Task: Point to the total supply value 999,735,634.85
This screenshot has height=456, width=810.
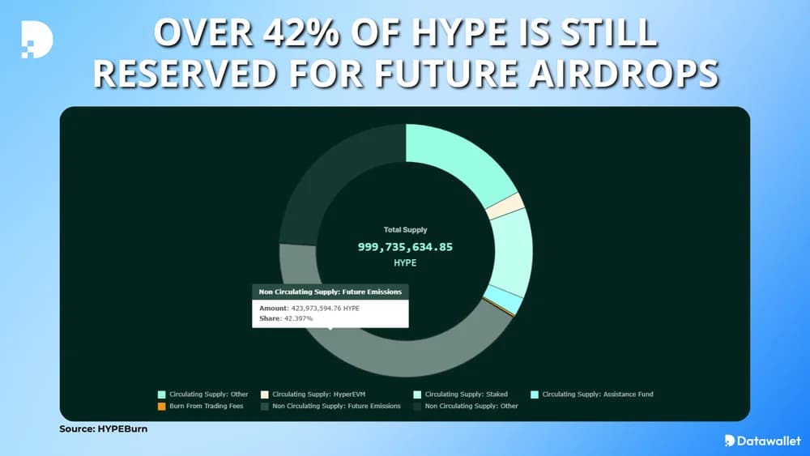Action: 405,246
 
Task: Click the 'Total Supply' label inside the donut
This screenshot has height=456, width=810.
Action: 405,230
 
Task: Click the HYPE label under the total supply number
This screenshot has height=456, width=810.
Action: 405,263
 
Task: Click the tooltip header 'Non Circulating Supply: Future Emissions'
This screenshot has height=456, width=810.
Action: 330,292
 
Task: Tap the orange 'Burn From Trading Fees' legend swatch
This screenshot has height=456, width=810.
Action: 162,406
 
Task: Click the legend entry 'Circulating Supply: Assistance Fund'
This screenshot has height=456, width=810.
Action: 597,394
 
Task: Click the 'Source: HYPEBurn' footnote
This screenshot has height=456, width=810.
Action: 104,428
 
